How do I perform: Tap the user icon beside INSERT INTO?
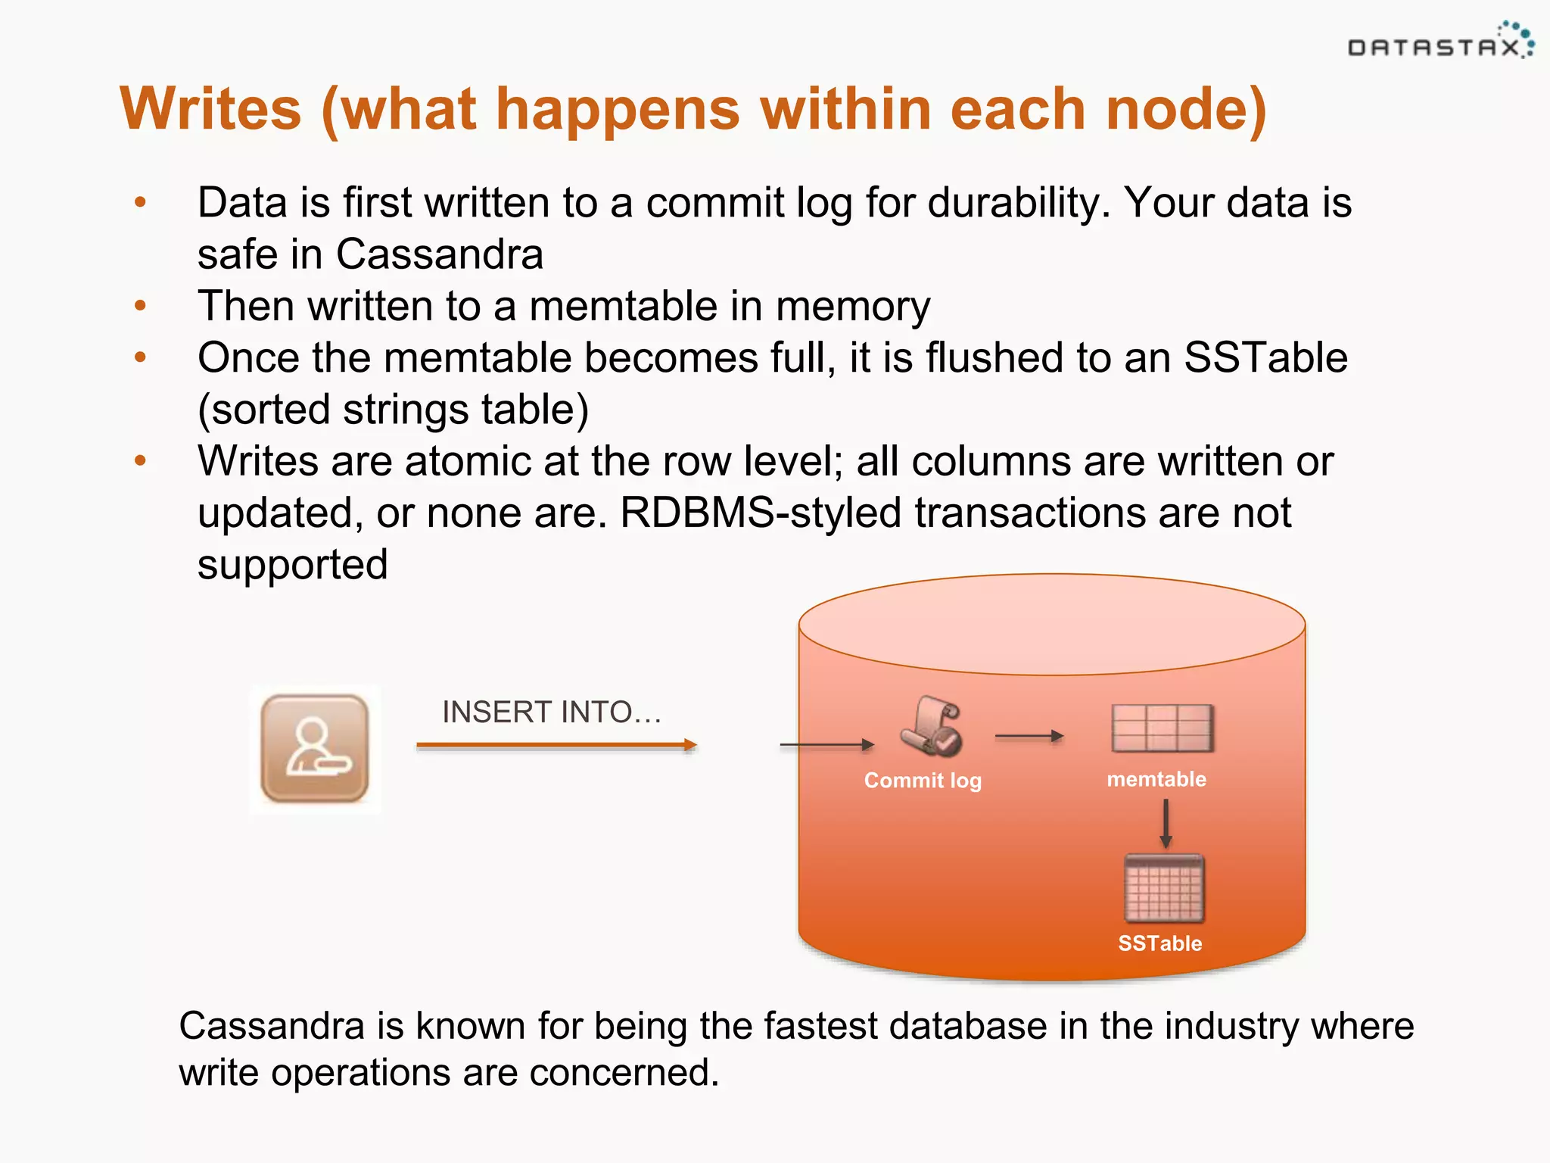coord(315,749)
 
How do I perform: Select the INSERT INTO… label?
coord(552,712)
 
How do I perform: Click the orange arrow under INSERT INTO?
coord(556,745)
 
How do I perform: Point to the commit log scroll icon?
coord(932,726)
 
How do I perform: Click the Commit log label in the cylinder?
coord(923,780)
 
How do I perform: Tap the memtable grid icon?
coord(1162,728)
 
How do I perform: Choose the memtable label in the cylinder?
coord(1156,779)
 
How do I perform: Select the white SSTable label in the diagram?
coord(1159,943)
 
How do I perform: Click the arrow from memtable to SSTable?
coord(1166,824)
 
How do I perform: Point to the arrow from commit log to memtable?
coord(1029,736)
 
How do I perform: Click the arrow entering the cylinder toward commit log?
coord(826,745)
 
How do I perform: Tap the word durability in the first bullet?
coord(1017,203)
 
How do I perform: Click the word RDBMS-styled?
coord(760,513)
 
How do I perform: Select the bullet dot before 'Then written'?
coord(140,306)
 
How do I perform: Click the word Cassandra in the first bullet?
coord(439,254)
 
